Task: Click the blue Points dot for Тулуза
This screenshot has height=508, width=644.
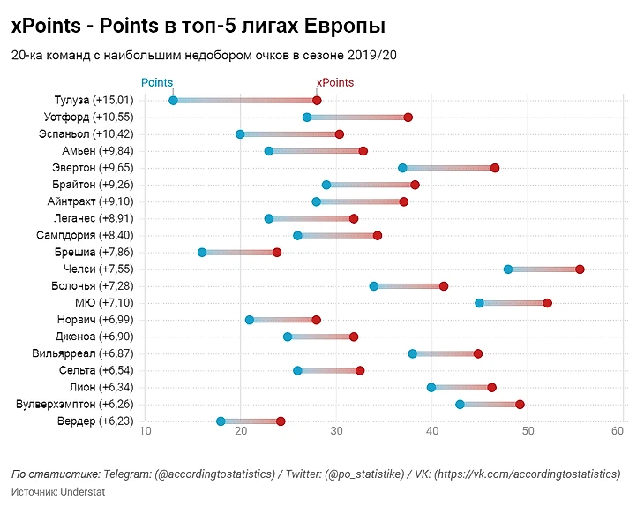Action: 173,101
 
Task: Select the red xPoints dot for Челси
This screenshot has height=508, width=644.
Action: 580,269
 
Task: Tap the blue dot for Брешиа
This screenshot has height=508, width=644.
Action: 202,253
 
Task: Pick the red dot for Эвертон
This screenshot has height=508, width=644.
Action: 495,168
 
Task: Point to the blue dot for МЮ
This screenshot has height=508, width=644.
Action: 480,303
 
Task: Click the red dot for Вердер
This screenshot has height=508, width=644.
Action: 281,421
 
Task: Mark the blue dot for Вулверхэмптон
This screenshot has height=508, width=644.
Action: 461,405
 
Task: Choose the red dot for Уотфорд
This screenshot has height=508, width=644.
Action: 408,118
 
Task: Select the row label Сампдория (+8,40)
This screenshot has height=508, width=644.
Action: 85,236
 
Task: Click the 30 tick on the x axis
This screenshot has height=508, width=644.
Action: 336,431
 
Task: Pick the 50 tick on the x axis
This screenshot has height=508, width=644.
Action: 527,431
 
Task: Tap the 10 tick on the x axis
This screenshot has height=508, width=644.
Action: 146,431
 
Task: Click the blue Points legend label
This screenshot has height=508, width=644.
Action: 157,83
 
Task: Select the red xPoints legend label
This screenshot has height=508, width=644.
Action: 335,83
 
